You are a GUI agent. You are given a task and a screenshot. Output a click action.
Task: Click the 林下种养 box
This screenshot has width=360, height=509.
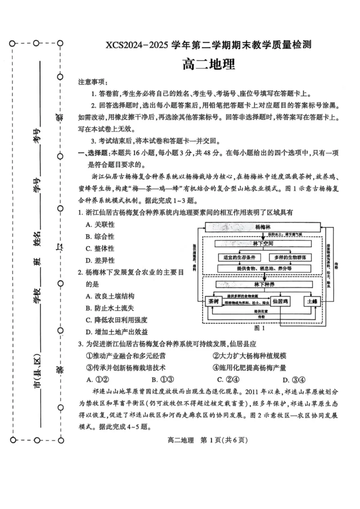point(263,284)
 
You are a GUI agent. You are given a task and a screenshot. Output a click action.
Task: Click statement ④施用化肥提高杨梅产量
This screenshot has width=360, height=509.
point(249,367)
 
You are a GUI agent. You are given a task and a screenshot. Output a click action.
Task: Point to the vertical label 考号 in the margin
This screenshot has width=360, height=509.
point(37,135)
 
